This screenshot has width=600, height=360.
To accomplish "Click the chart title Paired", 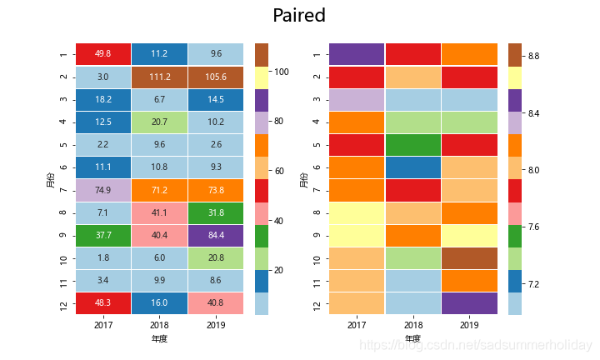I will click(x=298, y=16).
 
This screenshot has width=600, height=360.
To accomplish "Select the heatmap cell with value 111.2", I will click(x=159, y=77).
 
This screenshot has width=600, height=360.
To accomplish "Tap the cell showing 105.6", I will click(x=216, y=77).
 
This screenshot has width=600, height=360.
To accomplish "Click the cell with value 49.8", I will click(x=103, y=54).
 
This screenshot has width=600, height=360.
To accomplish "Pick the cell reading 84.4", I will click(x=216, y=235).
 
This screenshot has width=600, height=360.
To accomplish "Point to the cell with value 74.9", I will click(x=103, y=190).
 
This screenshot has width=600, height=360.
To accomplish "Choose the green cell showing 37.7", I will click(x=103, y=235).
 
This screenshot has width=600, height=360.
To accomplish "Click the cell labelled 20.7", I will click(x=159, y=122).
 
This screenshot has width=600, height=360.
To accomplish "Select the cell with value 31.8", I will click(x=216, y=212).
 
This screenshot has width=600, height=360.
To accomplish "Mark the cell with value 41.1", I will click(x=159, y=212).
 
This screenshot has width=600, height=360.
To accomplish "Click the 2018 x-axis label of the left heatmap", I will click(x=159, y=326).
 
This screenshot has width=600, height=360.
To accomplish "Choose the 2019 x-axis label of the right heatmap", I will click(x=469, y=326).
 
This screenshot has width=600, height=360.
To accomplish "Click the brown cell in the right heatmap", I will click(x=469, y=258).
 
